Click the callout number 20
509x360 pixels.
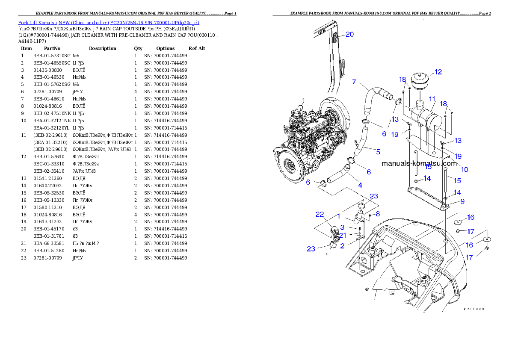[349, 35]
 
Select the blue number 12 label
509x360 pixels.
[438, 72]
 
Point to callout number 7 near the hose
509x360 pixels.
[354, 82]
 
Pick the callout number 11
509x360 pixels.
[432, 99]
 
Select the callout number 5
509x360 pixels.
[378, 151]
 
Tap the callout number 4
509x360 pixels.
[360, 185]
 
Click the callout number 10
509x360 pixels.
[464, 169]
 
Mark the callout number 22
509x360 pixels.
[320, 214]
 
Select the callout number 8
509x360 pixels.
[377, 213]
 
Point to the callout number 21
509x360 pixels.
[343, 235]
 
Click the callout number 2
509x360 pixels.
[342, 245]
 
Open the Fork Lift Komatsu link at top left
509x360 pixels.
[109, 22]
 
